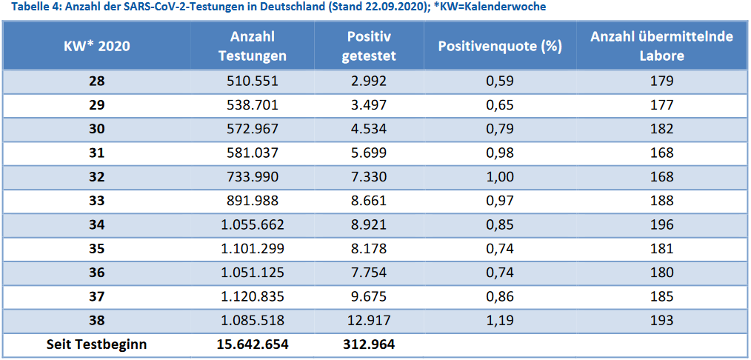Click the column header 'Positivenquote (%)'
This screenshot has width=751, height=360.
click(x=500, y=46)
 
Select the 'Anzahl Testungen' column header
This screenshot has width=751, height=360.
click(x=253, y=46)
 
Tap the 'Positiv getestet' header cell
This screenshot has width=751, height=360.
click(x=369, y=46)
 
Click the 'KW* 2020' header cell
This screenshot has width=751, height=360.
click(x=96, y=46)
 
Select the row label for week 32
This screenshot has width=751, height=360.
click(x=96, y=177)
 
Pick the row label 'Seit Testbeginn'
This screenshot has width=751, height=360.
click(x=96, y=344)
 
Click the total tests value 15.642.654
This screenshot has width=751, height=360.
click(x=253, y=344)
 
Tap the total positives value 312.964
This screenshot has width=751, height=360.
click(x=369, y=344)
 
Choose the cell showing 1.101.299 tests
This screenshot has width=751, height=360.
click(x=253, y=249)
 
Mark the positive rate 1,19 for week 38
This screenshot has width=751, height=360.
click(x=500, y=321)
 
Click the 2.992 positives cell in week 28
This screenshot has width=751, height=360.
click(x=369, y=81)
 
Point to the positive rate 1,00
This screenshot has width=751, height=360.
click(x=500, y=177)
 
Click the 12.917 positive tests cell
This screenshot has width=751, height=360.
click(x=369, y=321)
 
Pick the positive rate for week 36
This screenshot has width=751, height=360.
click(x=500, y=273)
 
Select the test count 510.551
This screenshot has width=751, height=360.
click(x=253, y=81)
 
